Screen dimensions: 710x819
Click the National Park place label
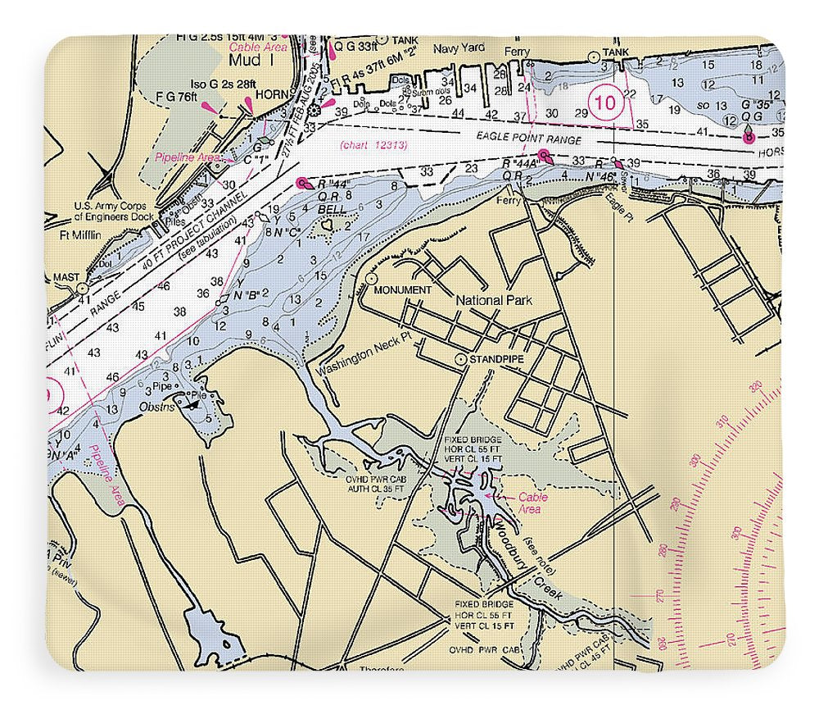(x=493, y=300)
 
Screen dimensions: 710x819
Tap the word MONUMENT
(x=402, y=290)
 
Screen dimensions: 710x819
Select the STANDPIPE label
(x=495, y=359)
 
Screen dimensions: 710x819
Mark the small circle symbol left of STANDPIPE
(x=461, y=359)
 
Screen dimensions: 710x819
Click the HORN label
(x=268, y=94)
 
